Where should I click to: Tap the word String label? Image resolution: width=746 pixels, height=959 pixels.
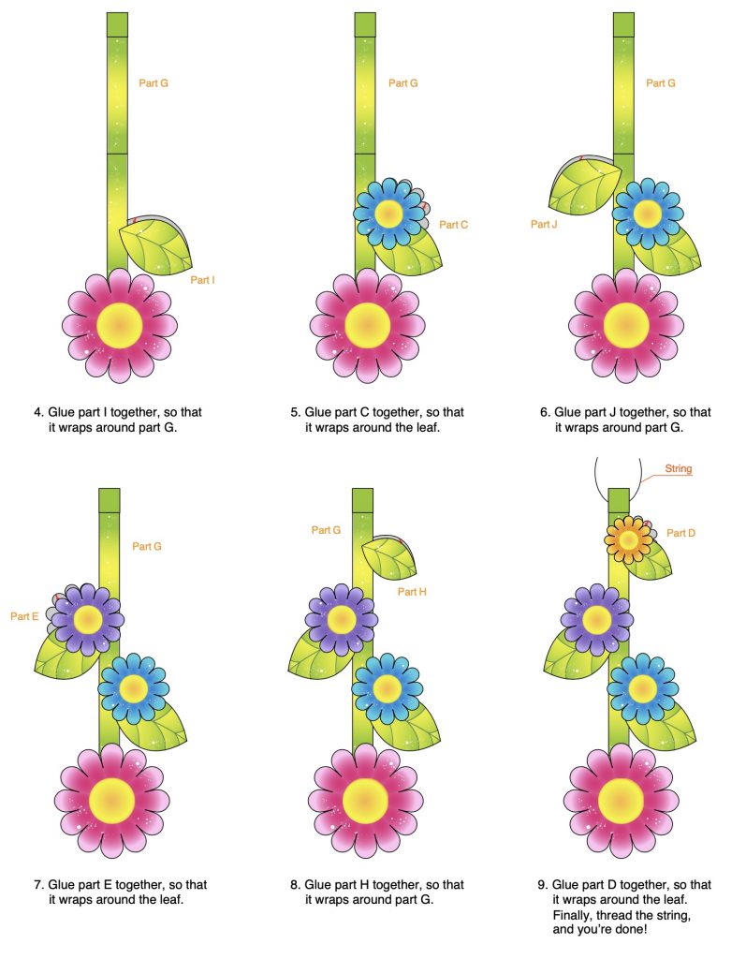[x=679, y=468]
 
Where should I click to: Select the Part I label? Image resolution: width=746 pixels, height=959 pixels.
[x=203, y=279]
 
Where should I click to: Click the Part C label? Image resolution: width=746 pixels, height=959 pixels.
[x=453, y=224]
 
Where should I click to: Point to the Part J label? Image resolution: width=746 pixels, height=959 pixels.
[x=544, y=224]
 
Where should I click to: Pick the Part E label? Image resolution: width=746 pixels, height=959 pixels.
[x=24, y=616]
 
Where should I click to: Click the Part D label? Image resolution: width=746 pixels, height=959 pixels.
[x=680, y=533]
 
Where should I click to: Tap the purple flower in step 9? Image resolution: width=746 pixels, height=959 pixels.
[x=595, y=618]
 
